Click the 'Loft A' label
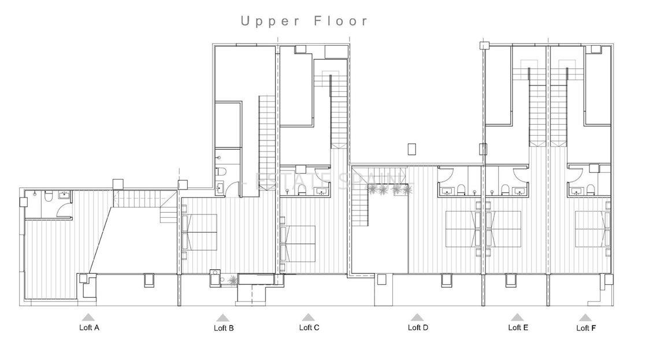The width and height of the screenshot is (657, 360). (x=89, y=328)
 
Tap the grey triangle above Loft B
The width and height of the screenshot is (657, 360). (x=223, y=318)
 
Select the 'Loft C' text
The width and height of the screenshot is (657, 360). (x=309, y=328)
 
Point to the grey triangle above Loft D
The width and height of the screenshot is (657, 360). (x=417, y=317)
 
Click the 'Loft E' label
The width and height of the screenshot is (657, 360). (x=518, y=328)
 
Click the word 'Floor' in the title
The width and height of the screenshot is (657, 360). (x=341, y=21)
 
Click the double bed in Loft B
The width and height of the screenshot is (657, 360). (x=200, y=232)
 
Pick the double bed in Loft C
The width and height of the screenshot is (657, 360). (x=299, y=243)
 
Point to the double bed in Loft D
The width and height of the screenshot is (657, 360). (x=463, y=229)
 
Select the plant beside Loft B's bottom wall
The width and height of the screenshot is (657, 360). (x=232, y=281)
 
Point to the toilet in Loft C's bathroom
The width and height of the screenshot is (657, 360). (x=301, y=187)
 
